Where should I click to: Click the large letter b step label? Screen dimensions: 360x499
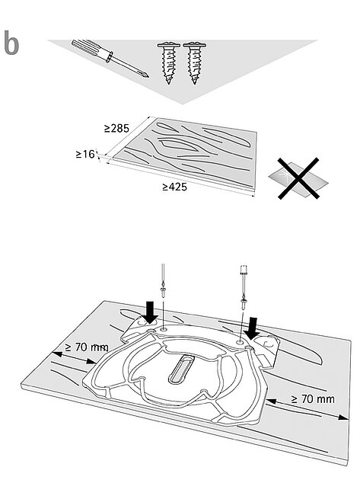(x=11, y=43)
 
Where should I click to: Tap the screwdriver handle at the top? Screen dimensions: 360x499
(x=92, y=50)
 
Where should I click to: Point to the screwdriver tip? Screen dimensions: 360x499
(x=146, y=75)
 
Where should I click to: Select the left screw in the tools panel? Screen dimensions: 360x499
(x=168, y=62)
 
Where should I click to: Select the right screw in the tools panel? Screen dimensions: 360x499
(x=194, y=62)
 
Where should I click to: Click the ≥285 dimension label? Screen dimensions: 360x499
(x=116, y=128)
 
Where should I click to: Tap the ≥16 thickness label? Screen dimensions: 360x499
(x=85, y=155)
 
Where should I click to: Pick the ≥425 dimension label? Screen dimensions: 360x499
(x=174, y=187)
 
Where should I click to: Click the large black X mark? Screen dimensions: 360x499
(x=298, y=178)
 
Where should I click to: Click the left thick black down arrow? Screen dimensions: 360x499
(x=150, y=312)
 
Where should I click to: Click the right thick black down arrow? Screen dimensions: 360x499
(x=253, y=329)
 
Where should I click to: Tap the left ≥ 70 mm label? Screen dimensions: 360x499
(x=87, y=347)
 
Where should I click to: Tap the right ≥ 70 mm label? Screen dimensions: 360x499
(x=313, y=398)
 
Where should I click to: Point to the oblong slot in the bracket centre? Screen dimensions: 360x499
(x=180, y=369)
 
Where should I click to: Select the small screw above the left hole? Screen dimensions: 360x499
(x=163, y=292)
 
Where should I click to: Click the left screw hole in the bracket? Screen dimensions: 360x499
(x=164, y=328)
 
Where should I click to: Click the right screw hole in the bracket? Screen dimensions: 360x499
(x=240, y=342)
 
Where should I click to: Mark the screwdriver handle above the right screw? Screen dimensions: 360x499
(x=244, y=270)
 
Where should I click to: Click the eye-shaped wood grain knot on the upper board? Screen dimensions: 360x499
(x=179, y=146)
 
